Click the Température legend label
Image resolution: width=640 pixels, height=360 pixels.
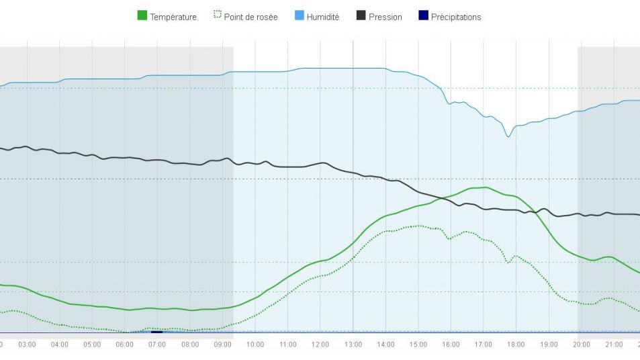tap(173, 17)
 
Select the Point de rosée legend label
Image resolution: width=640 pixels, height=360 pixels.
tap(250, 17)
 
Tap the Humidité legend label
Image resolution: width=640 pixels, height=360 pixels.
tap(323, 17)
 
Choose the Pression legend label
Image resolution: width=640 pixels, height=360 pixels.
tap(385, 17)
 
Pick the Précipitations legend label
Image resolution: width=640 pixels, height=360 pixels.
tap(456, 17)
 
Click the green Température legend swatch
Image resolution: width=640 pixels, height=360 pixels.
tap(142, 16)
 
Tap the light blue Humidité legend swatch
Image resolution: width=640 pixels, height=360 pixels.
tap(300, 16)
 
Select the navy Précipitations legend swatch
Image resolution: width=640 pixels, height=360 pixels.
tap(423, 16)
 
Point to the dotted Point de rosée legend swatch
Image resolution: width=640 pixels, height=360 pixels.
tap(217, 16)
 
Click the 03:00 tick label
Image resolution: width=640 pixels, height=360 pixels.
tap(27, 345)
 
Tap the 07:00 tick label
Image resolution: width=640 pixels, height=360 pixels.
tap(157, 345)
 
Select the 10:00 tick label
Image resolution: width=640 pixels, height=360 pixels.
tap(255, 345)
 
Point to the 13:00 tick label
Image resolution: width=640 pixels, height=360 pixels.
tap(353, 345)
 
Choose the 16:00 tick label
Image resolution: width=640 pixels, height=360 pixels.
tap(451, 345)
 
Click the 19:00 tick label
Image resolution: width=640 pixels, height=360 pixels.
tap(549, 345)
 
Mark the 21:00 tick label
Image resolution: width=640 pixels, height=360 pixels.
tap(614, 345)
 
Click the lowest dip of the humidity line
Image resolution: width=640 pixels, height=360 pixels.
tap(508, 136)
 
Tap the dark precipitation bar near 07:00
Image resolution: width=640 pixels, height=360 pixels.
tap(157, 332)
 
